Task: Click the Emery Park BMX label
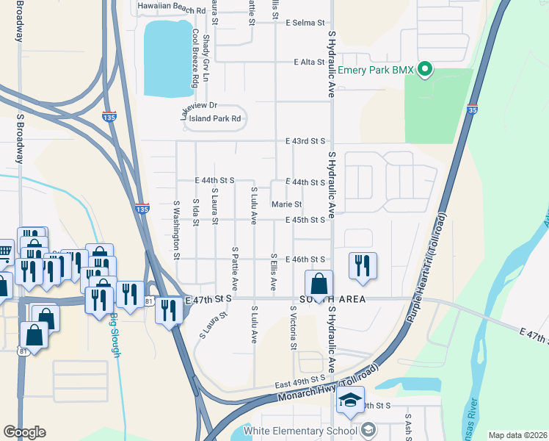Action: point(373,71)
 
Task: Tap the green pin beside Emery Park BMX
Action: point(425,71)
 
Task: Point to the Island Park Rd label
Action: point(215,118)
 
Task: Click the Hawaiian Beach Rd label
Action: point(172,11)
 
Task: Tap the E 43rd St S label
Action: point(305,141)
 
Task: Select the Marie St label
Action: point(286,204)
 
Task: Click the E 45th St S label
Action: point(305,220)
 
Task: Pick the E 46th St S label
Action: point(305,259)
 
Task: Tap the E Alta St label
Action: point(309,62)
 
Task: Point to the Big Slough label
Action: point(114,334)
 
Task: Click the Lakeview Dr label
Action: point(200,109)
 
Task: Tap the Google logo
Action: point(23,432)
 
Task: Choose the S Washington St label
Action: point(177,230)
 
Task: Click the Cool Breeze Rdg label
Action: point(195,59)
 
